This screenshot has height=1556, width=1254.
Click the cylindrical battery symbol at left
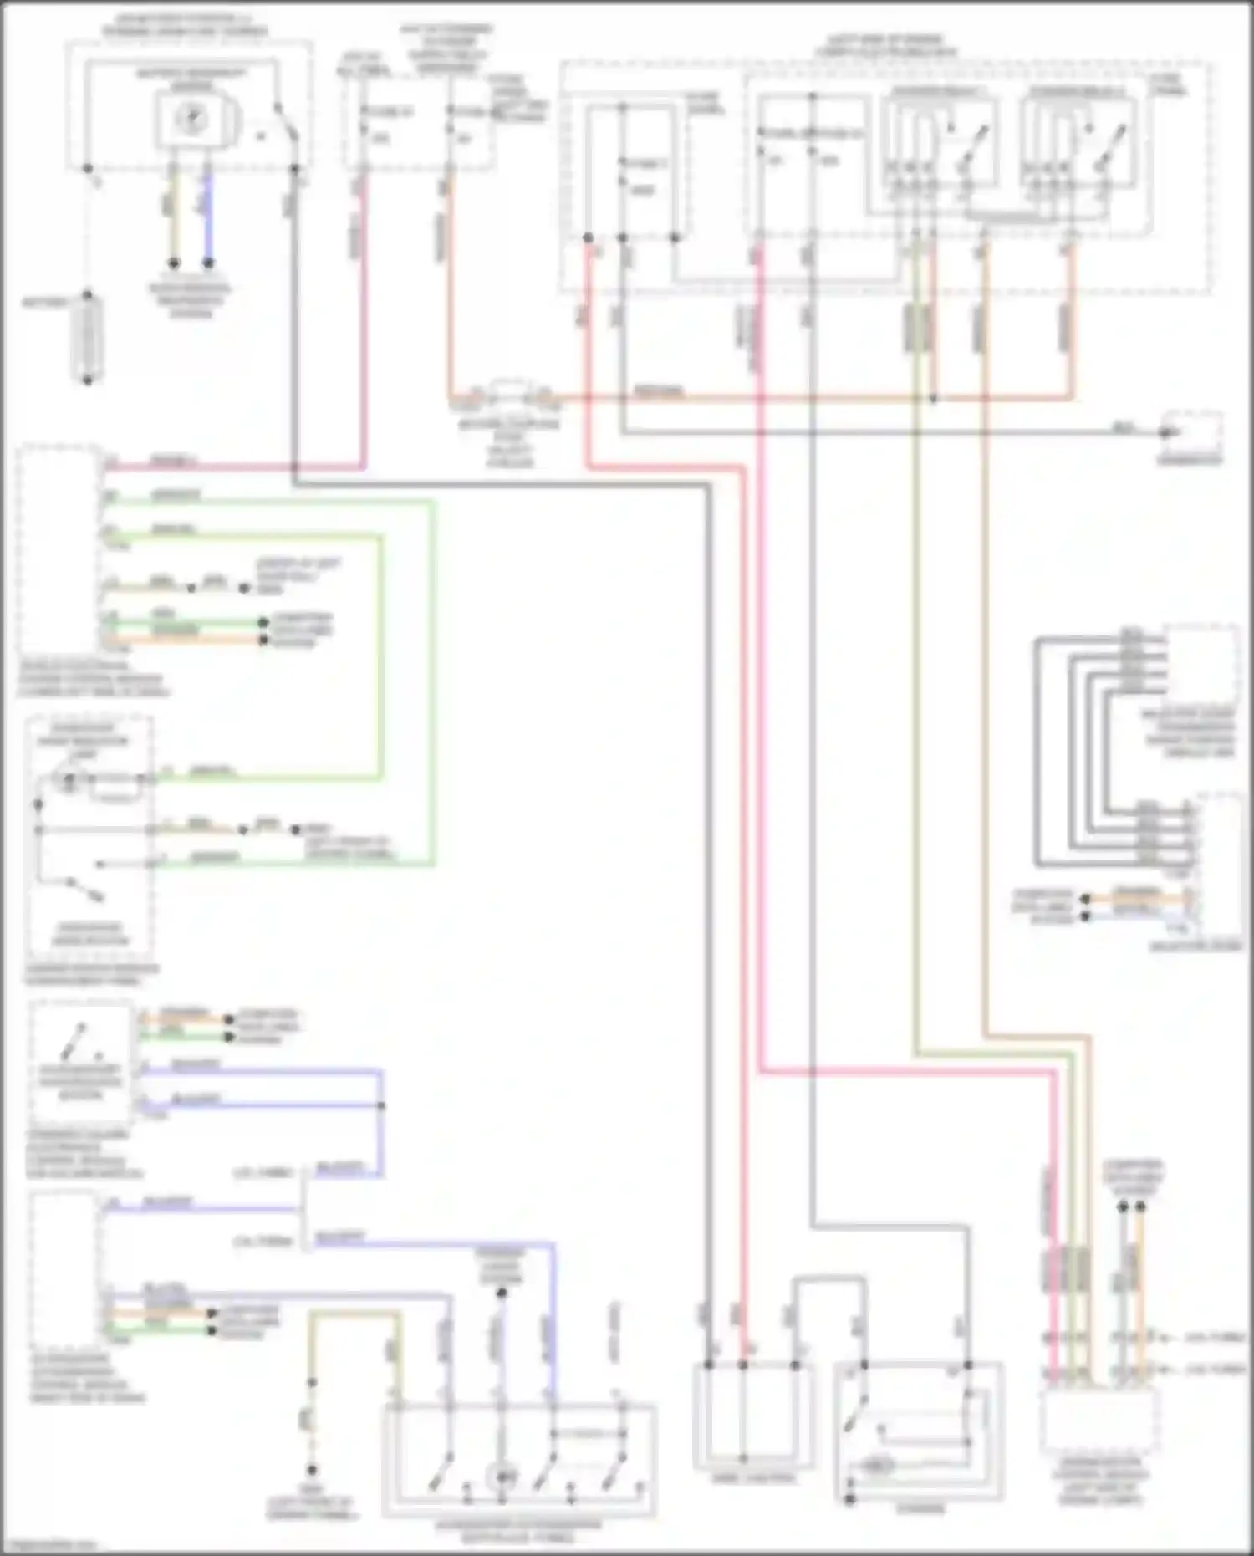point(88,338)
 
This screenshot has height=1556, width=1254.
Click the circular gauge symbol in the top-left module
point(191,119)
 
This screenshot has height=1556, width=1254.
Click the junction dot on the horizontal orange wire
point(934,399)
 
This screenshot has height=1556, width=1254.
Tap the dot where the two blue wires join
point(382,1105)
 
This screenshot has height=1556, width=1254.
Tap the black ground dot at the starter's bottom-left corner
point(849,1499)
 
